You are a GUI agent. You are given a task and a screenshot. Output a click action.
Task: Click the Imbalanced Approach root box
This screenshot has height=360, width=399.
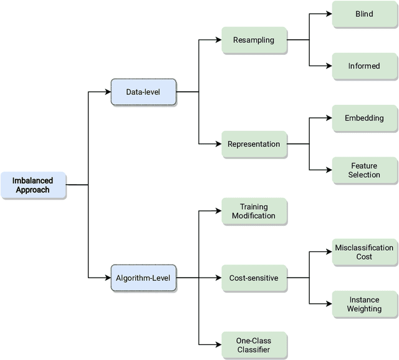(33, 185)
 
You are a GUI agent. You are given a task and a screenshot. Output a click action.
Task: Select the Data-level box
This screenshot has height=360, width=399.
(143, 92)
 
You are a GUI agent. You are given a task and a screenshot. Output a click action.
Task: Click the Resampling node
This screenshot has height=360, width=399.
(254, 40)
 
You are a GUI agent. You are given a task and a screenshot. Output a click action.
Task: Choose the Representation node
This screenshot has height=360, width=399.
(254, 144)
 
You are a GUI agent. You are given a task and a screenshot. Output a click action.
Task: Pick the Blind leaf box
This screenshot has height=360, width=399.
(364, 14)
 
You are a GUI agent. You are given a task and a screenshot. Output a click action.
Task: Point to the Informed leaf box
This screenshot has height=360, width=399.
(364, 66)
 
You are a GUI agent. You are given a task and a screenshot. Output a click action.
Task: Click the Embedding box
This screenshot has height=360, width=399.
(364, 118)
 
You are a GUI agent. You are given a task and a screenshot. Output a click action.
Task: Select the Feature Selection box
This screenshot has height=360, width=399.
(364, 170)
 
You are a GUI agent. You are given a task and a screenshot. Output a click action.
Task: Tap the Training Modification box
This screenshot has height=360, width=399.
(254, 211)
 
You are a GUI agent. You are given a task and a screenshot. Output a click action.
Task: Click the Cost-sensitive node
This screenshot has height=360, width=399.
(254, 277)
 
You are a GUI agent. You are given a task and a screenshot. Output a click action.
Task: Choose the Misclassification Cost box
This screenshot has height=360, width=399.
(364, 252)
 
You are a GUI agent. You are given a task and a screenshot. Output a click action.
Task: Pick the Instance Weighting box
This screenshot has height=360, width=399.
(364, 304)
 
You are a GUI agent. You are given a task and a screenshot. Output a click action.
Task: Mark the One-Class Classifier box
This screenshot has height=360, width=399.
(254, 345)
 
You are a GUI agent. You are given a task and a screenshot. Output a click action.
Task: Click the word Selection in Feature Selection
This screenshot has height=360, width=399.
(365, 175)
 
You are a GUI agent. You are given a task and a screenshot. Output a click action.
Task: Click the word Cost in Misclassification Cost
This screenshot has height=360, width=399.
(364, 256)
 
